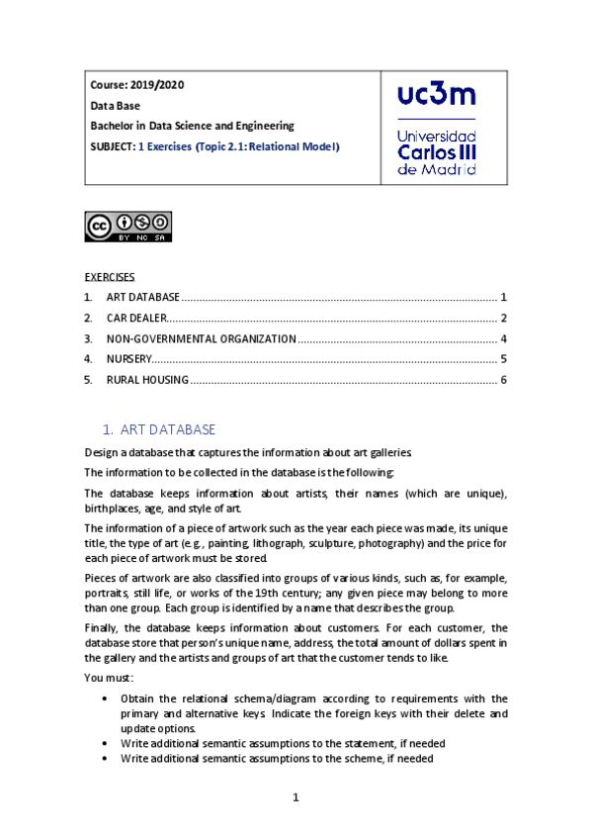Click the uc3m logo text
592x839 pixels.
[x=436, y=95]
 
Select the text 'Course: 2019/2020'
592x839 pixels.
[x=136, y=85]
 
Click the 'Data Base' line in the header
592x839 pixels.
[x=116, y=106]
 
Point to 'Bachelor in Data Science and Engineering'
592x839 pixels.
[x=192, y=126]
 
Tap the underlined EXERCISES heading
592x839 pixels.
[x=109, y=276]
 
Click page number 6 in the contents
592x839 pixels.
[x=503, y=380]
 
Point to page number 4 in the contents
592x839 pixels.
[x=503, y=338]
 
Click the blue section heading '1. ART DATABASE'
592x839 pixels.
[x=158, y=429]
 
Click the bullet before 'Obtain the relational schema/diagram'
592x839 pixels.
[x=106, y=699]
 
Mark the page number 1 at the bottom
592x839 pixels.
[x=296, y=798]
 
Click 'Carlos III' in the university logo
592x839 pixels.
[x=436, y=152]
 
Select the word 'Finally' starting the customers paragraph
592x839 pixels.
[x=103, y=627]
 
